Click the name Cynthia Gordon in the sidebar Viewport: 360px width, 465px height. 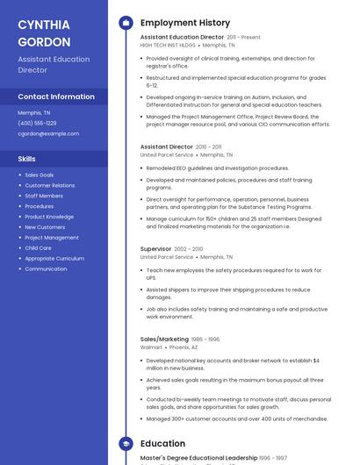tap(45, 32)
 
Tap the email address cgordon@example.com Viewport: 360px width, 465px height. tap(48, 133)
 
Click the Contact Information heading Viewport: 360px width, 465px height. tap(56, 97)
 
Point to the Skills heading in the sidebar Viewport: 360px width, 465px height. tap(26, 159)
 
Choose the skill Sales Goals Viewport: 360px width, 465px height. tap(40, 175)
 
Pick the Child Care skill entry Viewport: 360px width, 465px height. tap(38, 247)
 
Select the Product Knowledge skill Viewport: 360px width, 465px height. tap(49, 217)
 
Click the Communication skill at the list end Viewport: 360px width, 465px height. tap(46, 268)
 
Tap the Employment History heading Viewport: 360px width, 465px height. tap(185, 23)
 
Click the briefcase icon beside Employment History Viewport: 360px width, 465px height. tap(126, 23)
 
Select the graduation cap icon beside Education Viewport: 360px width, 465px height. tap(126, 444)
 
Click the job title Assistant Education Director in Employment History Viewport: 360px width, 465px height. tap(182, 38)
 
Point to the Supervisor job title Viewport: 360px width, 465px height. tap(156, 249)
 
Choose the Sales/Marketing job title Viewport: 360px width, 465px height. tap(164, 339)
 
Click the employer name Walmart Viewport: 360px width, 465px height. tap(151, 347)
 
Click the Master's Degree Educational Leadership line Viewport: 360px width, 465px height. tap(198, 457)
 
